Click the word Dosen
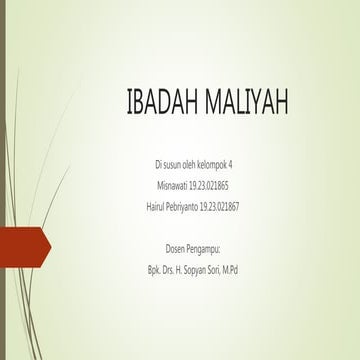tap(176, 248)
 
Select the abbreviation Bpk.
tap(153, 270)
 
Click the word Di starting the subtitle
tap(157, 163)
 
